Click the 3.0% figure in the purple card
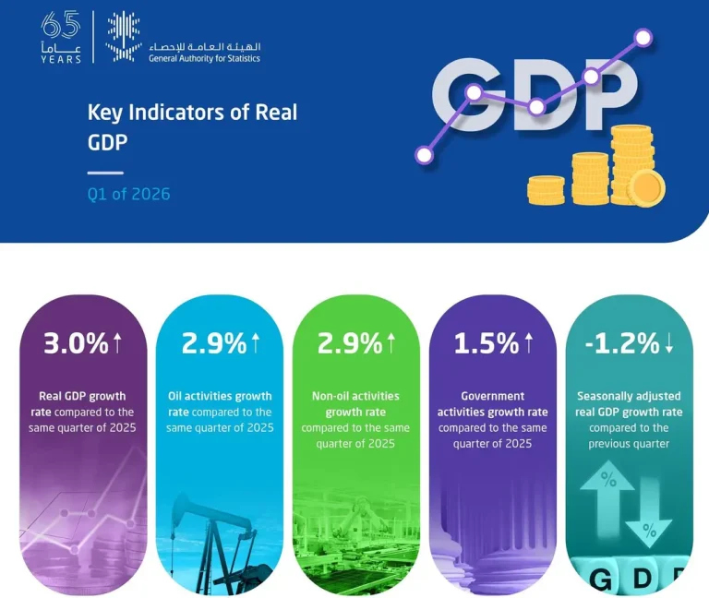click(x=76, y=343)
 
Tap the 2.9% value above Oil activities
click(x=214, y=343)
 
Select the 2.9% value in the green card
click(x=350, y=343)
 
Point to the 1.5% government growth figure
click(x=487, y=343)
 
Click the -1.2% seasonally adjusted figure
click(x=622, y=343)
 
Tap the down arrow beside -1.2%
click(x=669, y=343)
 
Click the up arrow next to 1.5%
click(x=529, y=342)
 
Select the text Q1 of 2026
click(x=129, y=194)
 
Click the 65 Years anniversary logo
click(x=61, y=37)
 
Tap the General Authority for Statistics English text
click(x=204, y=58)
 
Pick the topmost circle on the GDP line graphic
click(x=643, y=38)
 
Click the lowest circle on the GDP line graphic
click(x=424, y=155)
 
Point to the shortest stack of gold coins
click(x=546, y=190)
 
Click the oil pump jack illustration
click(x=217, y=543)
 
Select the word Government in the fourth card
click(x=492, y=396)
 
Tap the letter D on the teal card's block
click(x=643, y=578)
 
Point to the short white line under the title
click(x=105, y=173)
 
